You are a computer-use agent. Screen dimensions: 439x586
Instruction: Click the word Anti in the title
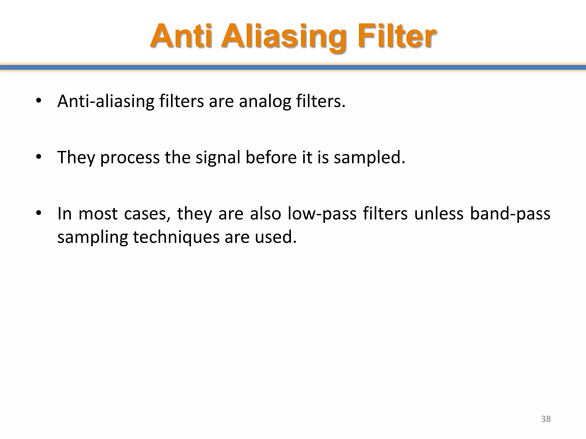181,37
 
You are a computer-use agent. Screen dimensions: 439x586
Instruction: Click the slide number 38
546,419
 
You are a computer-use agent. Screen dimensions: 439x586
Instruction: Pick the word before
271,157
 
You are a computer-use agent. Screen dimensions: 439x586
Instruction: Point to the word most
98,214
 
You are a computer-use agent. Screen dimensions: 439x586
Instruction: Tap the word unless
439,214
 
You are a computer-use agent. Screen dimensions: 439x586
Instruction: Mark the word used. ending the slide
276,237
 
